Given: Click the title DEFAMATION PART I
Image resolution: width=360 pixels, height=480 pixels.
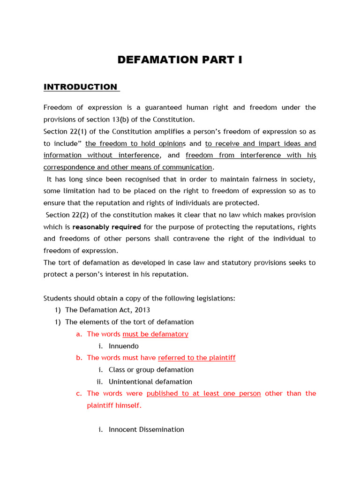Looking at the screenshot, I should (180, 60).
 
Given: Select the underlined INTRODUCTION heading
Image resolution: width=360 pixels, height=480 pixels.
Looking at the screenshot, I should (80, 87).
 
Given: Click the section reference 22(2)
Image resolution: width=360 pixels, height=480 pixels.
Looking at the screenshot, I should (79, 215).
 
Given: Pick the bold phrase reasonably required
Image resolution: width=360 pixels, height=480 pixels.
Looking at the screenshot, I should (106, 227).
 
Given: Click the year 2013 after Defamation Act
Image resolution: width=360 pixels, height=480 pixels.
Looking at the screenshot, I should (142, 310).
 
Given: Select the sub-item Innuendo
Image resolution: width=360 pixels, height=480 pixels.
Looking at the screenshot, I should (123, 346).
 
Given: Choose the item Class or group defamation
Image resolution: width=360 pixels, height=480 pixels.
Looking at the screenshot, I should (151, 370).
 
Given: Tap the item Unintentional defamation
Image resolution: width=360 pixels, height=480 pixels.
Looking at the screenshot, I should (150, 382).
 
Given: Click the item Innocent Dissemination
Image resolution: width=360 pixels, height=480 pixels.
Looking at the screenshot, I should (146, 429).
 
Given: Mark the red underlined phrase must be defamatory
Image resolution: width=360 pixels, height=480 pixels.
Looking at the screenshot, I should (155, 334).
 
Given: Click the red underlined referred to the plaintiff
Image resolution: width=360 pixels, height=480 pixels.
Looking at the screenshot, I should (197, 358).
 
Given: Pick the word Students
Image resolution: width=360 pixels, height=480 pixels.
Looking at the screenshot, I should (58, 299).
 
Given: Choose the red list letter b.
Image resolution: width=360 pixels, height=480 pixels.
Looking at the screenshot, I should (79, 358).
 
